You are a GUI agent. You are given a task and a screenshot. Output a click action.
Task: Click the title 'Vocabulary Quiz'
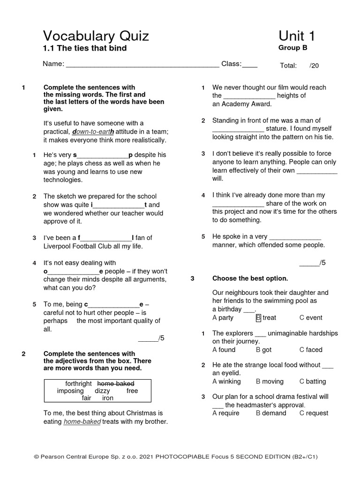click(x=96, y=36)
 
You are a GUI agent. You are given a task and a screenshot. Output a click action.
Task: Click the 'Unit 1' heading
click(x=297, y=36)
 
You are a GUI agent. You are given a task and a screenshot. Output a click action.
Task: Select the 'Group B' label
click(x=292, y=47)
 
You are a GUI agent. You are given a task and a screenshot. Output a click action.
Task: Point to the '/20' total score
click(x=314, y=66)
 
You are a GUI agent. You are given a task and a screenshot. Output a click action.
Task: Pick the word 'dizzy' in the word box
click(x=102, y=390)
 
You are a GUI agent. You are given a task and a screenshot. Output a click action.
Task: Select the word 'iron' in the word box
click(x=108, y=398)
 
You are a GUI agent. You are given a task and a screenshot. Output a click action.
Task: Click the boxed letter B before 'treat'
click(x=258, y=317)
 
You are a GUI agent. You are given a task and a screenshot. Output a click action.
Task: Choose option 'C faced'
click(x=311, y=350)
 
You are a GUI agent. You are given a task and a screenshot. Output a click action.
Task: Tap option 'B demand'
click(x=271, y=413)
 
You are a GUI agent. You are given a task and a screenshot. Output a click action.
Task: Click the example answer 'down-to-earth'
click(x=93, y=132)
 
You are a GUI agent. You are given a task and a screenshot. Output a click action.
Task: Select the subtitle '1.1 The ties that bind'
click(x=85, y=48)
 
